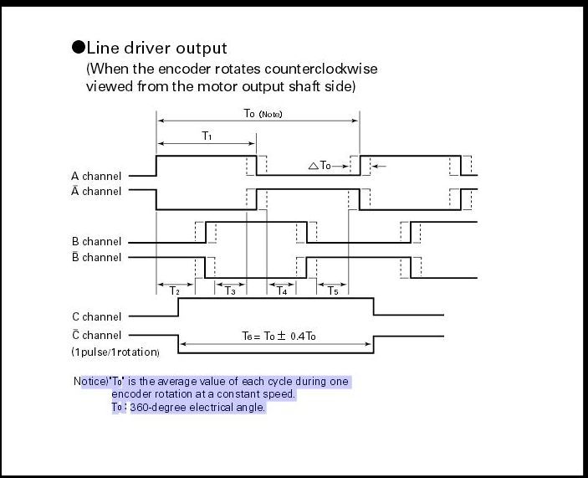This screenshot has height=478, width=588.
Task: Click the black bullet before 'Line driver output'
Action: [x=79, y=48]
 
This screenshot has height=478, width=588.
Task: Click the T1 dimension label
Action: [x=207, y=135]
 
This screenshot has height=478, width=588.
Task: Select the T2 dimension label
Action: [x=174, y=291]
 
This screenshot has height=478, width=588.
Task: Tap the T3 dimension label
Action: [x=230, y=291]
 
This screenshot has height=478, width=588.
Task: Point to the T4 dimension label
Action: [x=282, y=291]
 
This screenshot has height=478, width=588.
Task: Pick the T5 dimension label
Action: [x=332, y=291]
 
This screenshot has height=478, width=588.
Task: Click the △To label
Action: [x=320, y=166]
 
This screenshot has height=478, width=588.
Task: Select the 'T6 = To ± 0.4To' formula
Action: [x=279, y=336]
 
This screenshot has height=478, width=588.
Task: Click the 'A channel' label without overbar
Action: [x=96, y=176]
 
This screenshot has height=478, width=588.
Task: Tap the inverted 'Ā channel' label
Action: [x=96, y=191]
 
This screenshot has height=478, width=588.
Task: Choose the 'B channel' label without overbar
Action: [x=96, y=242]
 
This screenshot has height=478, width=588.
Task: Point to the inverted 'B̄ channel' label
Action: [x=96, y=257]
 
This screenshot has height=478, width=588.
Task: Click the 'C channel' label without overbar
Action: [x=96, y=316]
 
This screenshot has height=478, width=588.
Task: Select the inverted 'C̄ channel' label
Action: [x=96, y=335]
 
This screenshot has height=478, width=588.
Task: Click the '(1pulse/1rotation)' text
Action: [x=115, y=352]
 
